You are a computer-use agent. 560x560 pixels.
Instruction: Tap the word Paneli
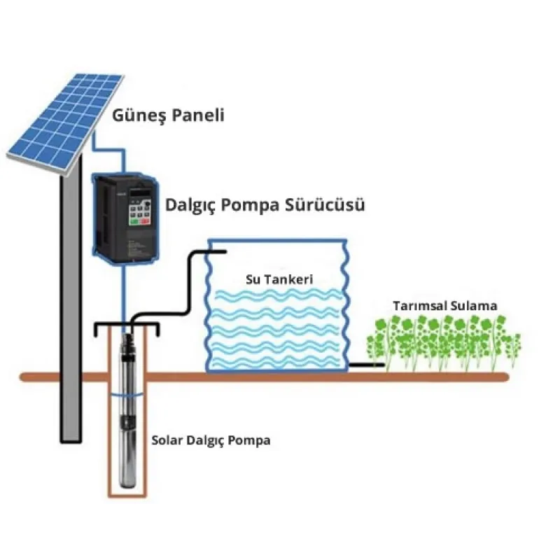pyautogui.click(x=199, y=115)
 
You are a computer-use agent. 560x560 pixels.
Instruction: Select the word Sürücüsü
pyautogui.click(x=330, y=206)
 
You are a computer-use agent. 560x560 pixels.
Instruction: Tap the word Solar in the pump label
pyautogui.click(x=167, y=441)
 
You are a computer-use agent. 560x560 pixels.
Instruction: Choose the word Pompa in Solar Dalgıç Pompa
pyautogui.click(x=252, y=441)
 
